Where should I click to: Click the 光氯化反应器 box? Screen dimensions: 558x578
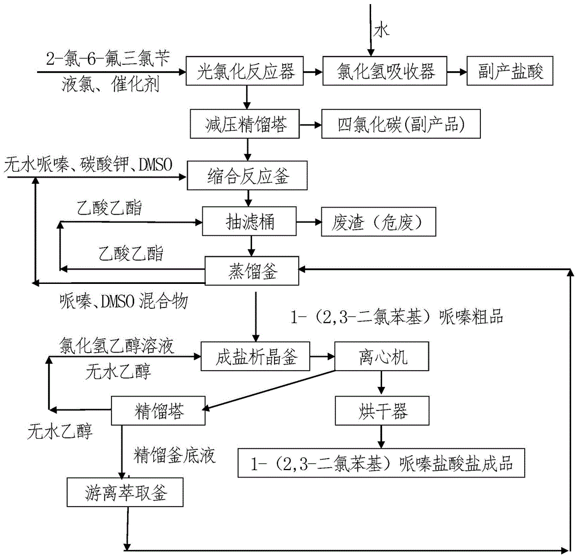coord(247,72)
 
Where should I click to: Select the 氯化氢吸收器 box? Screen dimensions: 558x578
coord(385,72)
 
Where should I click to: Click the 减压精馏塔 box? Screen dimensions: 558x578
coord(247,123)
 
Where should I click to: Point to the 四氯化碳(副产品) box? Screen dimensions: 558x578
coord(401,124)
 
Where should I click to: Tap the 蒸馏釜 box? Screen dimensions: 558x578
coord(252,269)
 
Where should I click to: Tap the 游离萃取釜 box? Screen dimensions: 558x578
coord(125,492)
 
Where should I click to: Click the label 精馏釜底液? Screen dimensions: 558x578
coord(174,456)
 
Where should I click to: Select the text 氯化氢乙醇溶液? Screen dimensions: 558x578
coord(117,346)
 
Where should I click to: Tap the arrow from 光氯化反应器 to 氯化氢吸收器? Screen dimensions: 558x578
coord(313,72)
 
